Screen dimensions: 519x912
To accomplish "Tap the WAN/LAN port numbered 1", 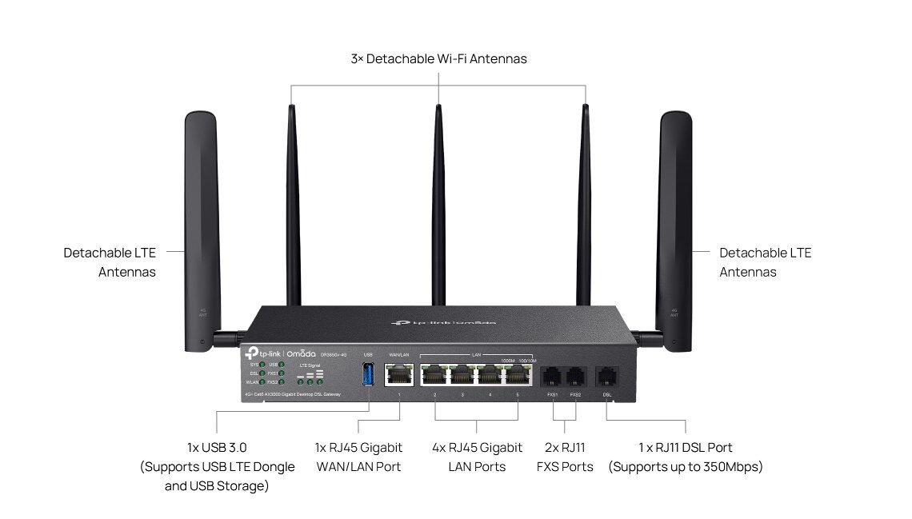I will (398, 374).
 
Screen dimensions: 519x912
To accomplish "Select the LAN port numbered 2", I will (434, 374).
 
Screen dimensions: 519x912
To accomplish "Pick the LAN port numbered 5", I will (518, 374).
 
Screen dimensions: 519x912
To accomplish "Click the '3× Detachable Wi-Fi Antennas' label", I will (438, 58).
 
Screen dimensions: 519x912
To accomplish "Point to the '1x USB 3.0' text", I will (217, 448).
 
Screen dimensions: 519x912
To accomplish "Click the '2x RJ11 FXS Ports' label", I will (565, 457).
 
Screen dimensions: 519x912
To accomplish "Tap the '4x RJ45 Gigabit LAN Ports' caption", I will (477, 457).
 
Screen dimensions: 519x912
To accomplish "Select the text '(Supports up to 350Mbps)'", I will (686, 466).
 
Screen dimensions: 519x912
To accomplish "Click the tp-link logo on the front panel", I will (259, 352).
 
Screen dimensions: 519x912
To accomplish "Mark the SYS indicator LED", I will (262, 365).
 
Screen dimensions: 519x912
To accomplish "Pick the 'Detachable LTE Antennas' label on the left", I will (110, 262).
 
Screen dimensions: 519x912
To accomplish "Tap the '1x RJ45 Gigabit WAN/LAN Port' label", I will (358, 457).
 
